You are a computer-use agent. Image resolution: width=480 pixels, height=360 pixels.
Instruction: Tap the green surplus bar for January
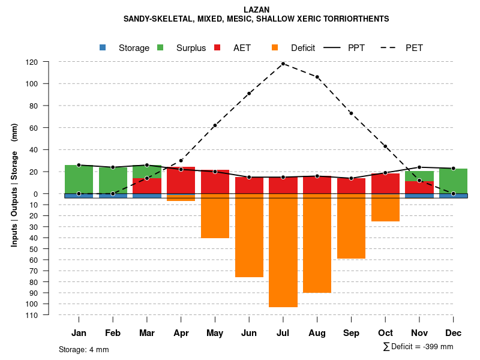[x=79, y=179]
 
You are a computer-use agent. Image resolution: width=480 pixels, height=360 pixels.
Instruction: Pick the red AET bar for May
[x=215, y=182]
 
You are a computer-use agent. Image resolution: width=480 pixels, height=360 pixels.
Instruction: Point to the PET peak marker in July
[x=283, y=64]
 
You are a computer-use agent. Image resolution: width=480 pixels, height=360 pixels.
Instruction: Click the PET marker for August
[x=317, y=77]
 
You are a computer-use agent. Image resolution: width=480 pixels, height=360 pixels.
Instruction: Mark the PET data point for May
[x=215, y=125]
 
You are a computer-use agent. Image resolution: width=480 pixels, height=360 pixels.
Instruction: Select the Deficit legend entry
[x=293, y=48]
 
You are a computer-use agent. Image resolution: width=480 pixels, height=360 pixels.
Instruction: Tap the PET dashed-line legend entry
[x=402, y=48]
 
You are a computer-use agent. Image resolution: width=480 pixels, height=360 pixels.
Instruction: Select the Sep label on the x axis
[x=352, y=333]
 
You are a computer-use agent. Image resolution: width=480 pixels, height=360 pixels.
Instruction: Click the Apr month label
[x=181, y=333]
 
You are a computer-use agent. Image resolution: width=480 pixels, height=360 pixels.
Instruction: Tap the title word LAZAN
[x=256, y=10]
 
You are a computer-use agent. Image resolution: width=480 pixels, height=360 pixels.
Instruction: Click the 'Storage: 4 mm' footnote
[x=84, y=349]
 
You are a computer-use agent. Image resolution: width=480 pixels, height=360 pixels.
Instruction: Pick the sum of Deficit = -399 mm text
[x=418, y=347]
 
